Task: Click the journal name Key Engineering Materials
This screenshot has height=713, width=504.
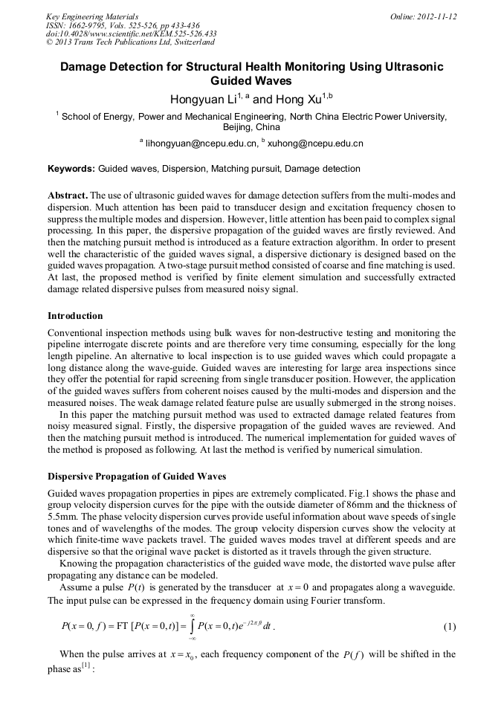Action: (x=92, y=16)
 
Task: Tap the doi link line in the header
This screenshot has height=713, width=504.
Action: (x=131, y=33)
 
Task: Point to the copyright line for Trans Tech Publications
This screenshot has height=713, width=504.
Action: (x=130, y=42)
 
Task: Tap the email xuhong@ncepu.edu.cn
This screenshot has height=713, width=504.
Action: (x=315, y=143)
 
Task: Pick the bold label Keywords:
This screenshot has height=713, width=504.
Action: (x=71, y=169)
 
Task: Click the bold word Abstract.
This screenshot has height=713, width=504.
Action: (x=68, y=195)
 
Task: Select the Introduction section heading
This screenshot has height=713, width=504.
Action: (x=75, y=316)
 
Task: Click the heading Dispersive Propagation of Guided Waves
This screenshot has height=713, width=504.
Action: (x=137, y=476)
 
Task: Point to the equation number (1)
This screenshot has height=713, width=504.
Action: (x=449, y=626)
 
